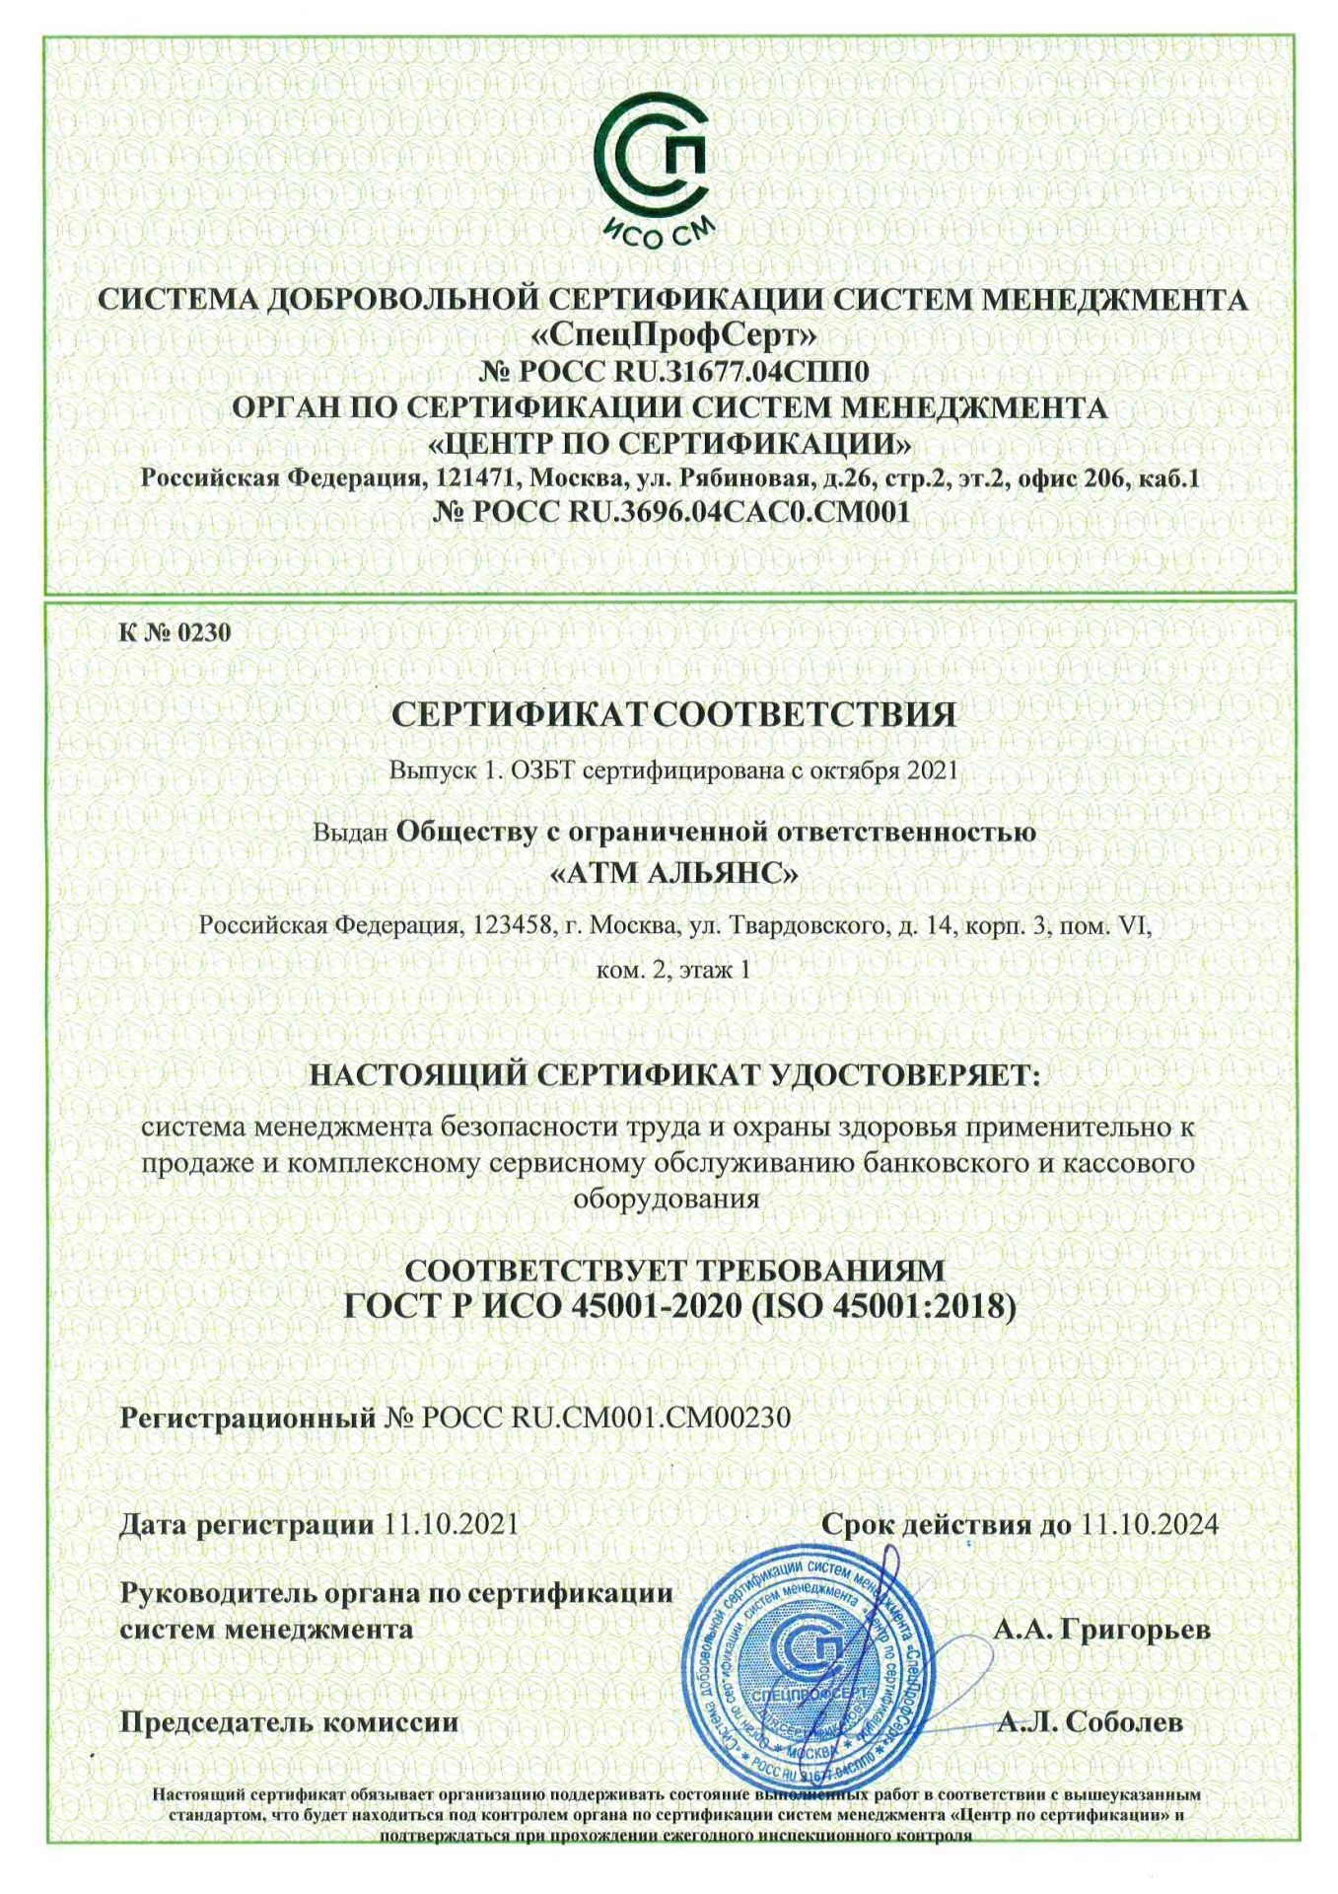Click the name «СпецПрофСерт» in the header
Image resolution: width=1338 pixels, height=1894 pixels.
pos(674,335)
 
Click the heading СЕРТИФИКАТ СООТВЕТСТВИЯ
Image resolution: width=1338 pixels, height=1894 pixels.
pos(674,714)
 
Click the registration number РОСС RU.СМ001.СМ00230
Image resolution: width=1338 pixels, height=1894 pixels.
pos(605,1418)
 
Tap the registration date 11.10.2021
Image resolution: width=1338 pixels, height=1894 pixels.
pos(452,1523)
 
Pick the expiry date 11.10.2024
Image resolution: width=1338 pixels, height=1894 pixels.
pos(1150,1523)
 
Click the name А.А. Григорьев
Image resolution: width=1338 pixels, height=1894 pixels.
pos(1101,1629)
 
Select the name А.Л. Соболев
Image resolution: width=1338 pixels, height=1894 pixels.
pos(1091,1722)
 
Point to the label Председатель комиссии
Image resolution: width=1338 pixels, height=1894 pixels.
pos(289,1722)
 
